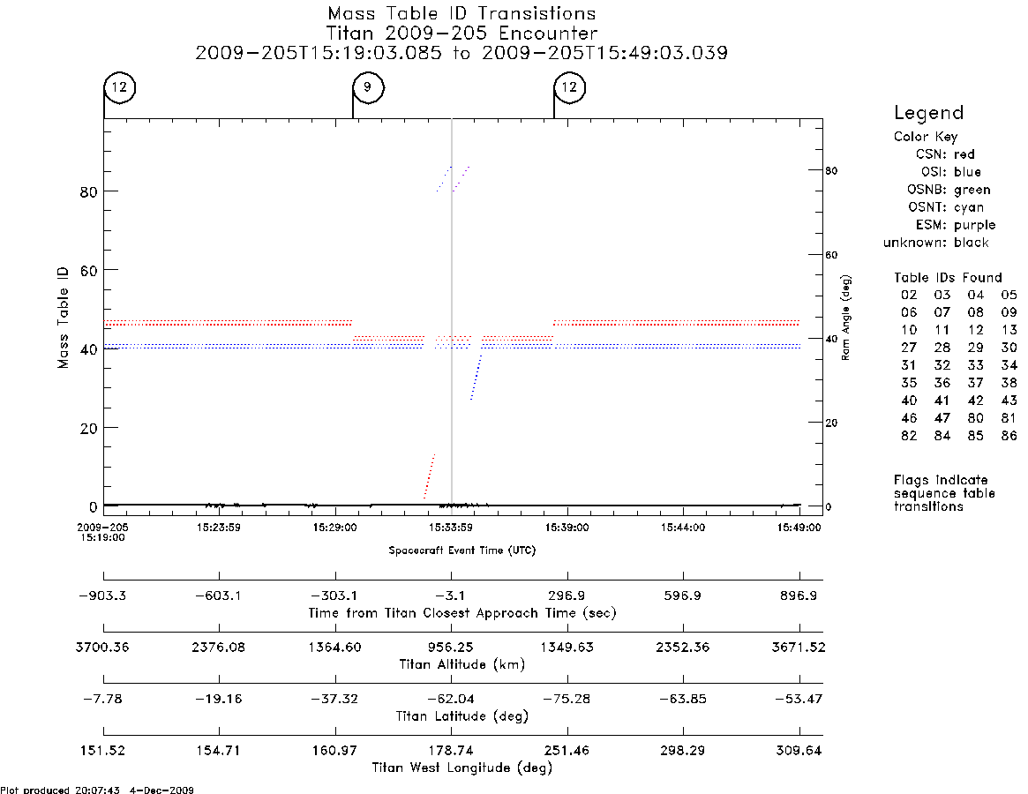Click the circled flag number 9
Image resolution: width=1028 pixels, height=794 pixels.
[368, 86]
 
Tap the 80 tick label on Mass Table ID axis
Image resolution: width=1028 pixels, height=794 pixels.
[88, 191]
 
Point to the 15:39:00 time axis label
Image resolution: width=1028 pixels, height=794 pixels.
[567, 528]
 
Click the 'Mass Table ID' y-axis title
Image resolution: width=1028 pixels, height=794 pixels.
[63, 318]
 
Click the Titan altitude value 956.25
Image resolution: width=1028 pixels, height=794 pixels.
[451, 648]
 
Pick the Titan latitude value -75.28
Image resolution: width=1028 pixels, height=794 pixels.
[567, 699]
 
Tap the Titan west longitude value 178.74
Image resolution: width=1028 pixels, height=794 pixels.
[451, 751]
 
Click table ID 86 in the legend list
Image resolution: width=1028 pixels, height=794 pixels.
[1009, 435]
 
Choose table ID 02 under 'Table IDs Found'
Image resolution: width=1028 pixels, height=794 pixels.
[909, 295]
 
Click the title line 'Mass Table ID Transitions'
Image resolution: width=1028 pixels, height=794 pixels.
[461, 13]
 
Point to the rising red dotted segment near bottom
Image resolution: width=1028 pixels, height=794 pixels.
[430, 476]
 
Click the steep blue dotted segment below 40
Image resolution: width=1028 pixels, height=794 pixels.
[476, 377]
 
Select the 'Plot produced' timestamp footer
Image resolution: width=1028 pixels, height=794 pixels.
[97, 790]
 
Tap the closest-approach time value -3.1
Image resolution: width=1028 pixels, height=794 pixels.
[451, 595]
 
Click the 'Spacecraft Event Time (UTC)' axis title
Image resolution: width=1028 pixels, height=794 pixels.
[462, 551]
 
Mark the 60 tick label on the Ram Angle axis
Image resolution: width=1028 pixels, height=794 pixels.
[831, 255]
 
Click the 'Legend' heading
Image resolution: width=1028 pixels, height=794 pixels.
[929, 113]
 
